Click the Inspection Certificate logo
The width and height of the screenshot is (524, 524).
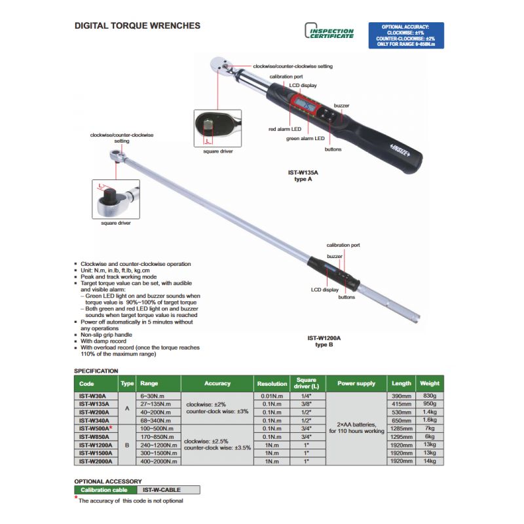pos(329,31)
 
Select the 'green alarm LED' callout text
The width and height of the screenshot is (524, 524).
pos(305,139)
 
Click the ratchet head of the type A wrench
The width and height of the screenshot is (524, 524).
pos(220,65)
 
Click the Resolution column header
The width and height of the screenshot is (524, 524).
pos(272,383)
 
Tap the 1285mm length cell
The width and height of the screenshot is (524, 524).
pos(402,428)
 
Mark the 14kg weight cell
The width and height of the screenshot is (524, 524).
pos(430,460)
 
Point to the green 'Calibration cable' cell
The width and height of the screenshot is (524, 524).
pos(105,489)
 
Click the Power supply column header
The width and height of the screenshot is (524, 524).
pos(356,383)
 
